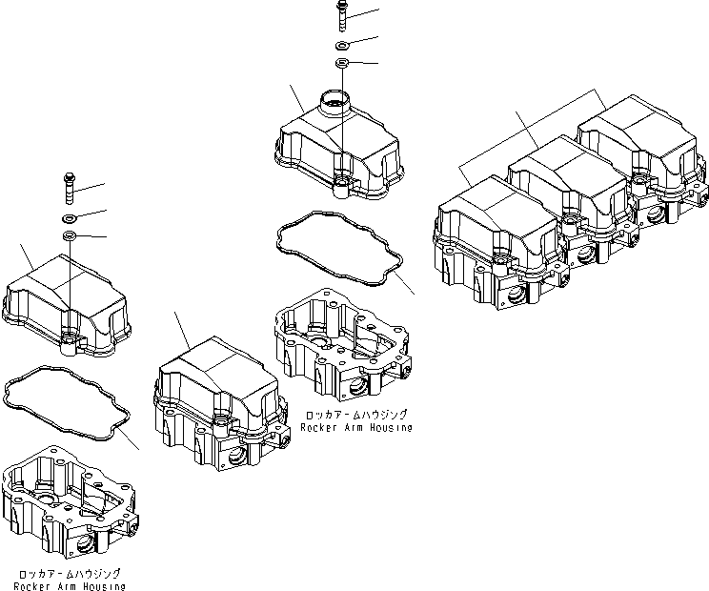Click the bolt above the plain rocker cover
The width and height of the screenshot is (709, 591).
click(x=70, y=186)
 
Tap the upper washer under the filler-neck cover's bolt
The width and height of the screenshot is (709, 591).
click(x=342, y=45)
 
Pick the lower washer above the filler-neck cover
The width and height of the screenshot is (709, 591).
click(x=342, y=63)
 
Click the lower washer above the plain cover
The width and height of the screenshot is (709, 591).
click(x=70, y=234)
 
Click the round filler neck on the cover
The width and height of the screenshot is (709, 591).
click(x=336, y=98)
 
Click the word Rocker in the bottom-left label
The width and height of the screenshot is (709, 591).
click(x=39, y=586)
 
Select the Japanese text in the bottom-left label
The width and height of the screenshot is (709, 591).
click(x=70, y=573)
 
